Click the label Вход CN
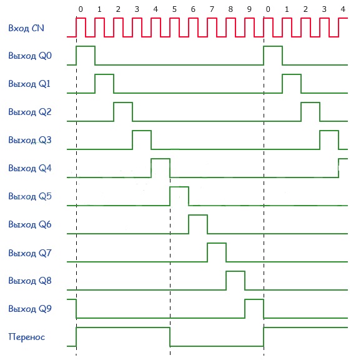[26, 28]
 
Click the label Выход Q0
[30, 56]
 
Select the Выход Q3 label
[30, 140]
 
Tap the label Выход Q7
[30, 253]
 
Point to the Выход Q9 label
[30, 309]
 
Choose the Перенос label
[27, 337]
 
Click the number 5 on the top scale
[174, 9]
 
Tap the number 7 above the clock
[212, 9]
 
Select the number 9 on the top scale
[249, 9]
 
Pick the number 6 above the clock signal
[193, 9]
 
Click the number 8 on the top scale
[230, 9]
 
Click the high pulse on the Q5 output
[179, 187]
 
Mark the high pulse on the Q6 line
[198, 215]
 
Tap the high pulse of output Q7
[217, 243]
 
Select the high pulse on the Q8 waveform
[235, 271]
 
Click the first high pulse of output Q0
[86, 46]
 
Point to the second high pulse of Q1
[292, 74]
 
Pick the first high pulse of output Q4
[161, 159]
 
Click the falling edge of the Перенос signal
[170, 337]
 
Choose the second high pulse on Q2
[310, 102]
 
